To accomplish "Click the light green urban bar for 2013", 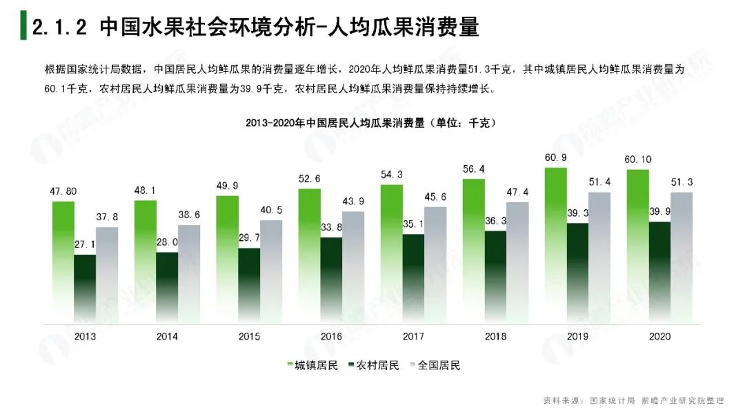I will (x=63, y=262).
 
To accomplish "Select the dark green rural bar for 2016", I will (x=331, y=280).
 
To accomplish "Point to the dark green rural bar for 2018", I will (x=495, y=277).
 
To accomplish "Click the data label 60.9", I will (x=555, y=158).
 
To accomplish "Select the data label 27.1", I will (x=86, y=244).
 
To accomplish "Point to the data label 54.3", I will (x=390, y=174).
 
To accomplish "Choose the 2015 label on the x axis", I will (x=249, y=336).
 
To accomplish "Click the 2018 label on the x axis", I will (x=495, y=336).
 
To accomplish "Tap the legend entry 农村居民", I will (x=372, y=365).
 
